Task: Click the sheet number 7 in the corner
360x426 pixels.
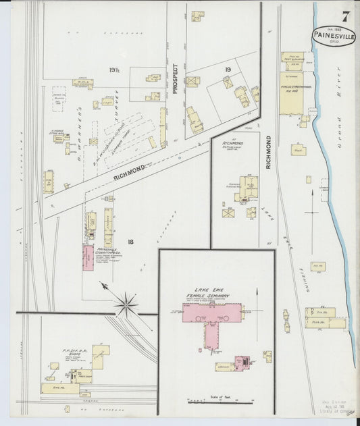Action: pos(346,16)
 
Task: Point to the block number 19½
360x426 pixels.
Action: pos(113,69)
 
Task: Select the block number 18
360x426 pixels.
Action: pos(130,241)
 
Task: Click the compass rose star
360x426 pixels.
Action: pos(126,304)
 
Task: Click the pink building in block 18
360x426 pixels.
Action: pos(88,257)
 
